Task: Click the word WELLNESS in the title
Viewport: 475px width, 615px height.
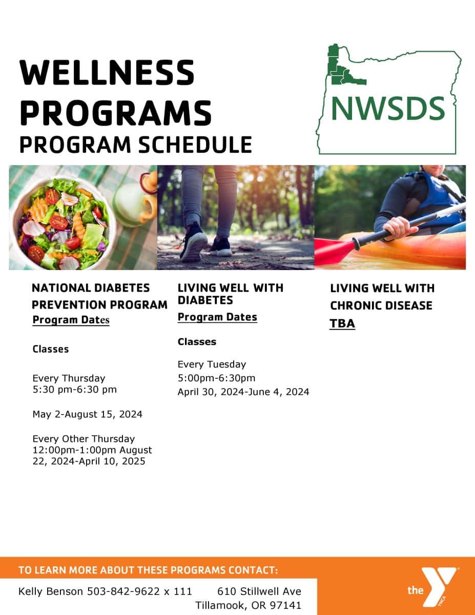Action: (x=107, y=72)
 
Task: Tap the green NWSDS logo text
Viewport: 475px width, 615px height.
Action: (x=388, y=109)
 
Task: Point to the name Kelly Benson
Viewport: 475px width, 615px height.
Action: (x=51, y=591)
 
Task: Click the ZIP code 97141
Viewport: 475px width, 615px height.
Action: (x=285, y=605)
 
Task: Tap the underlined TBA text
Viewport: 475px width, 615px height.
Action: (x=342, y=323)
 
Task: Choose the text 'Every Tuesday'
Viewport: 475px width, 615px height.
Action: (x=212, y=364)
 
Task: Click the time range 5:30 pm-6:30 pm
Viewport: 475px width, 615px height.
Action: (x=75, y=389)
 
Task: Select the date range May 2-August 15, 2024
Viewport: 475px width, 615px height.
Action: (x=88, y=414)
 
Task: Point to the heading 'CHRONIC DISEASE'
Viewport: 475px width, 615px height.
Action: (x=381, y=305)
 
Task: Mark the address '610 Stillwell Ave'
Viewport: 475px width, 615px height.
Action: (x=259, y=591)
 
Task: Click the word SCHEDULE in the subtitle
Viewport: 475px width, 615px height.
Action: (x=195, y=145)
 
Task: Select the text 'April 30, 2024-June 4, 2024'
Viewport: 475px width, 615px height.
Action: (x=243, y=392)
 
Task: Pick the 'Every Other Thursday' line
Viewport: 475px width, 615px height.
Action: (x=84, y=439)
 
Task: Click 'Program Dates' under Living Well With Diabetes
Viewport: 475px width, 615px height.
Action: (x=217, y=317)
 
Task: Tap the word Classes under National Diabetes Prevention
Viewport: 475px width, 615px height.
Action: (x=51, y=349)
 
